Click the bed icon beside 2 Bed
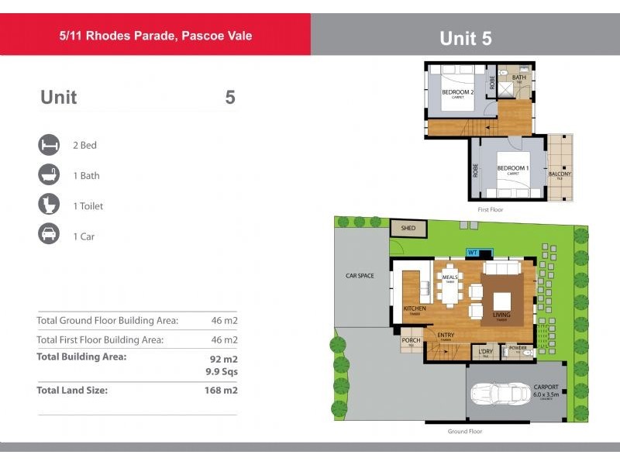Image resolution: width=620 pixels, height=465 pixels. point(49,145)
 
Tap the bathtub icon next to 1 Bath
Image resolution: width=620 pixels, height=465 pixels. point(49,175)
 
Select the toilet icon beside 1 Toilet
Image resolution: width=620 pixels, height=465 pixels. point(49,205)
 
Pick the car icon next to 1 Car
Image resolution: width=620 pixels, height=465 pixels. point(49,236)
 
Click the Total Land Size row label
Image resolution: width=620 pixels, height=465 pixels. point(72,390)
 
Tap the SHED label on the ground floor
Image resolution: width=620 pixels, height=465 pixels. point(408,229)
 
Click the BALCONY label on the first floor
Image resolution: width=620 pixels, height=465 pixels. point(560,174)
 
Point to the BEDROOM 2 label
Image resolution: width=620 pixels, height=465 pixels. point(457,92)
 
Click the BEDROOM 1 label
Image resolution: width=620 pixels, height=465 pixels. point(512,168)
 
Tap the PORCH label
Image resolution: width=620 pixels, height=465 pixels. point(411,340)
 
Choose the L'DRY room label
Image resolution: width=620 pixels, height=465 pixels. point(485,352)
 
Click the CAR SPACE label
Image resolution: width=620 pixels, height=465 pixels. point(360,275)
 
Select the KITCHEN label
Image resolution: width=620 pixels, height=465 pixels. point(415,308)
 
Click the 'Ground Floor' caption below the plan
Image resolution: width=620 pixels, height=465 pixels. point(465,431)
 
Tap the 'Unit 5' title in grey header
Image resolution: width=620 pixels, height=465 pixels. point(465,38)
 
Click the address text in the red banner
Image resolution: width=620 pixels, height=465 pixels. point(156,36)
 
